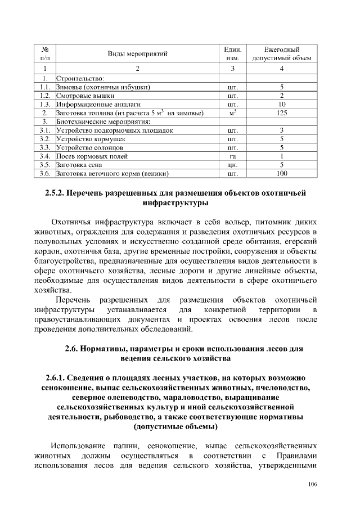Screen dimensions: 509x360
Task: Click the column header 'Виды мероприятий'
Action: [x=138, y=53]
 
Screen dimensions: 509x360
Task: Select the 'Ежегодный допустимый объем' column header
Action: [x=282, y=53]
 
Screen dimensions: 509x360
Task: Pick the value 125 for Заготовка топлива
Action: [x=282, y=113]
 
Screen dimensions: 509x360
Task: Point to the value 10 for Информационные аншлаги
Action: [x=282, y=105]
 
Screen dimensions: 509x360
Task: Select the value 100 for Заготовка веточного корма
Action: [x=282, y=174]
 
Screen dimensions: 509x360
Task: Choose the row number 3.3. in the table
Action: [x=46, y=148]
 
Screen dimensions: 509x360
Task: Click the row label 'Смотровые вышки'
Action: [x=82, y=96]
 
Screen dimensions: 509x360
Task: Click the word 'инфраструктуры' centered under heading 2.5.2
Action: [x=179, y=204]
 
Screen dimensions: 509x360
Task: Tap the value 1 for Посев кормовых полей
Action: [x=282, y=156]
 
